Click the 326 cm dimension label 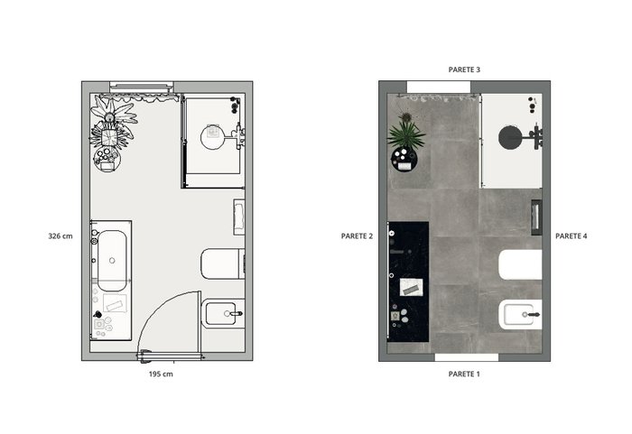click(60, 236)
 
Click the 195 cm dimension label click(161, 374)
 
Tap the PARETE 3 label click(464, 69)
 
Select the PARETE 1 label click(464, 374)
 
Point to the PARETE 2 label click(358, 236)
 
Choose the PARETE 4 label click(572, 236)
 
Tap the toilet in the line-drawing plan click(222, 264)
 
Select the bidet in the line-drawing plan click(223, 313)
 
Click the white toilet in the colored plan click(520, 264)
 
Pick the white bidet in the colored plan click(520, 314)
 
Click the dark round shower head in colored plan click(509, 137)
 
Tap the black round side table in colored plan click(404, 159)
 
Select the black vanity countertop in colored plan click(408, 282)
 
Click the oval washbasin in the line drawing click(112, 261)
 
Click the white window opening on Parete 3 click(439, 87)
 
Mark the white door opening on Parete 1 click(467, 357)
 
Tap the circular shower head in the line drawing click(213, 137)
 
